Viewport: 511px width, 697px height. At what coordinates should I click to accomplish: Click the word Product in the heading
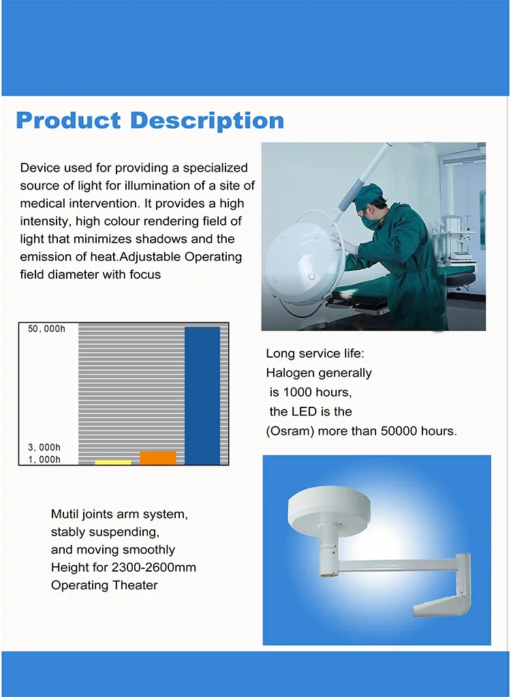coord(68,121)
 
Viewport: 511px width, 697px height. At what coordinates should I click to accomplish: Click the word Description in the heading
coord(207,121)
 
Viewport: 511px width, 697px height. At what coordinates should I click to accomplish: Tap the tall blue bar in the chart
coord(202,396)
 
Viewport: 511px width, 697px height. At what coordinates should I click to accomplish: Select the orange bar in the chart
coord(158,458)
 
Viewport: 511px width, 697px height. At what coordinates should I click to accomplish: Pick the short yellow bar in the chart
coord(113,463)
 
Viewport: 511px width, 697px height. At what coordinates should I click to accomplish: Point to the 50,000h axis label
coord(46,329)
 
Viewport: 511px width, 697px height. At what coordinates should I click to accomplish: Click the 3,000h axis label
coord(44,447)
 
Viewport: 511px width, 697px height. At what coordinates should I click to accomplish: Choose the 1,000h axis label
coord(44,459)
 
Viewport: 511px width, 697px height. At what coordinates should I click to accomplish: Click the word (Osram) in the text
coord(290,431)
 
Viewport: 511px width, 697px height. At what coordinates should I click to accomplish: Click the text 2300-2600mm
coord(154,567)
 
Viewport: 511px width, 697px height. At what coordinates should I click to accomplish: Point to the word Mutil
coord(64,514)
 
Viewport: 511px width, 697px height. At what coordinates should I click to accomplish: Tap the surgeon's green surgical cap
coord(369,197)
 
